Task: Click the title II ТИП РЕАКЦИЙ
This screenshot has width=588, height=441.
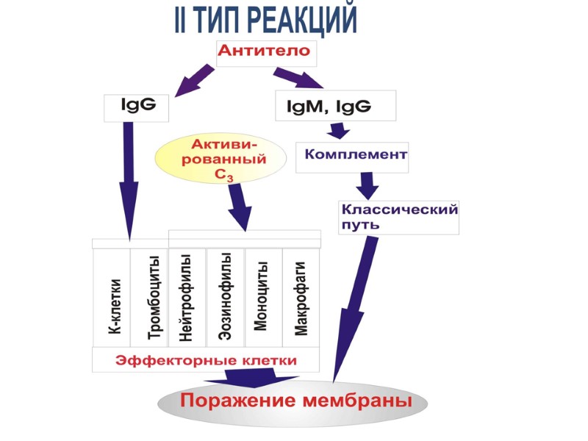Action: click(265, 20)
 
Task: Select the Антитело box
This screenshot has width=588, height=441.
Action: click(266, 53)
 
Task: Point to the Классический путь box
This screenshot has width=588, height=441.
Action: click(398, 217)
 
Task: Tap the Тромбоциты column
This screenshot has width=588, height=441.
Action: click(150, 298)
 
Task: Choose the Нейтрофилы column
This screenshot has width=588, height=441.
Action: click(187, 298)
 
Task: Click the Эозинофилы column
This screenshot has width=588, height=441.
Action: click(226, 298)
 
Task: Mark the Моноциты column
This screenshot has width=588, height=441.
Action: click(263, 298)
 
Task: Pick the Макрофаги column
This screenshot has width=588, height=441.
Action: click(301, 298)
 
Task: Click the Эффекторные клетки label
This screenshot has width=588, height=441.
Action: click(206, 360)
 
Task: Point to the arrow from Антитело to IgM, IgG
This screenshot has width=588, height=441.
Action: click(298, 78)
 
